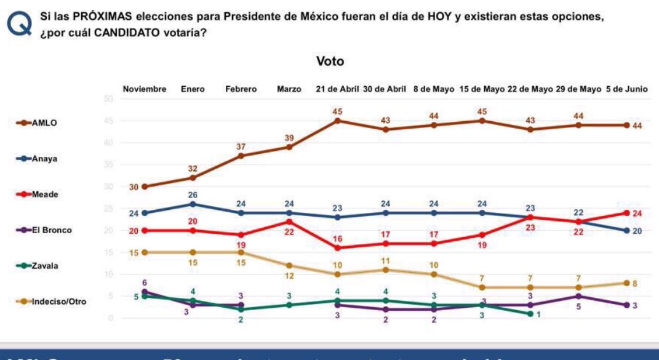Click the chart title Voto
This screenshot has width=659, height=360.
[x=329, y=61]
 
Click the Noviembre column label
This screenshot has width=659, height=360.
[x=145, y=89]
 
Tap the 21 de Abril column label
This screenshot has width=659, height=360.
[x=337, y=89]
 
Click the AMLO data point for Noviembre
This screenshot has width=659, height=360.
[x=145, y=186]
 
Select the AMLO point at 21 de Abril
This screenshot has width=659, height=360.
[x=337, y=121]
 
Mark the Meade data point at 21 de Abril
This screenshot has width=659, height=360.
[x=337, y=248]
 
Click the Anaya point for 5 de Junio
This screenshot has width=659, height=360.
[x=626, y=231]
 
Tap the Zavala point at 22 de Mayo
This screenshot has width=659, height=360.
[x=530, y=314]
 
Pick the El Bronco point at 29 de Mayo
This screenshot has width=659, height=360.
[x=578, y=297]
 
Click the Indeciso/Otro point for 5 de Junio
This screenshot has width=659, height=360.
[x=626, y=283]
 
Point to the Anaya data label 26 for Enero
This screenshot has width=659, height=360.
[x=193, y=195]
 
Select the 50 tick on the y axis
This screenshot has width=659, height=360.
[x=110, y=99]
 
